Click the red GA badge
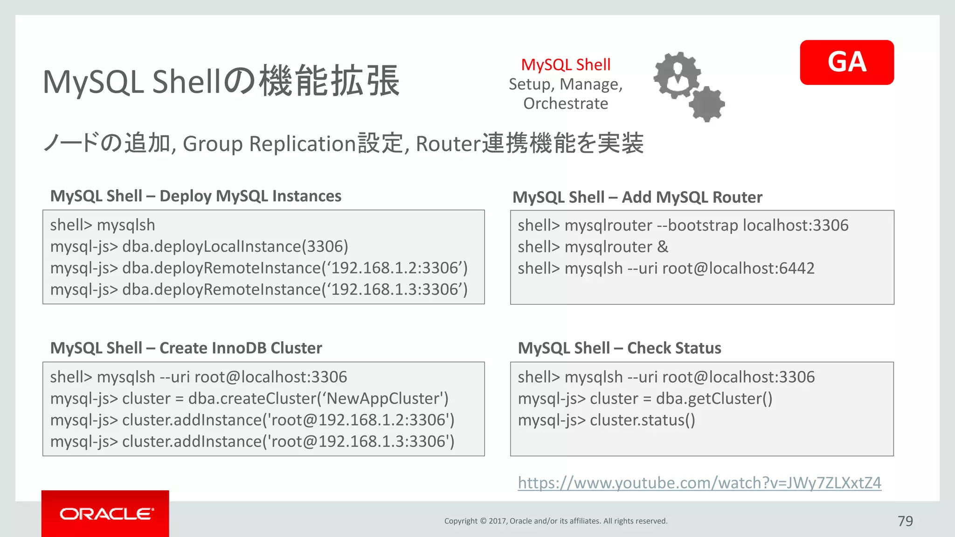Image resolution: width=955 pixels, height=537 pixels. point(846,62)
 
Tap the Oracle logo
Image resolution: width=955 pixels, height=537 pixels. point(105,514)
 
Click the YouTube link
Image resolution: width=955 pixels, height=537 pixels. point(699,482)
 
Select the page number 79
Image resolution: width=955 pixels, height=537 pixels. point(905,521)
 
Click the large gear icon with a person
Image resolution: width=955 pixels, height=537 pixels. point(677,75)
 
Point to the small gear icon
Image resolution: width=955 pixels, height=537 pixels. point(707,104)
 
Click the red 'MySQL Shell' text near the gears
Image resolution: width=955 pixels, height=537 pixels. point(566,65)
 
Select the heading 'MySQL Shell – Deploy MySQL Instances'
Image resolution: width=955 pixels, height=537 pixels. point(195,196)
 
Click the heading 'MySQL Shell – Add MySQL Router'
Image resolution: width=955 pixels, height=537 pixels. point(637,197)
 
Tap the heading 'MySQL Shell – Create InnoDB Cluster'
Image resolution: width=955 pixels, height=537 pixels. point(186,348)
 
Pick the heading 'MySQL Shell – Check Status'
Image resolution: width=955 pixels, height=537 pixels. point(619,348)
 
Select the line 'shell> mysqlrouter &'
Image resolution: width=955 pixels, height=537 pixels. point(593,247)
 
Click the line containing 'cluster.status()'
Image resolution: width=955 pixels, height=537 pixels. point(606,420)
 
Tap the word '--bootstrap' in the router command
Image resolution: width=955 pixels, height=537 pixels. point(697,226)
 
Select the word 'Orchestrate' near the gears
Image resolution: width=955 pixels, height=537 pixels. point(566,103)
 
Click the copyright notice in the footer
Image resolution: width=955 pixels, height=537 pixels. point(555,521)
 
